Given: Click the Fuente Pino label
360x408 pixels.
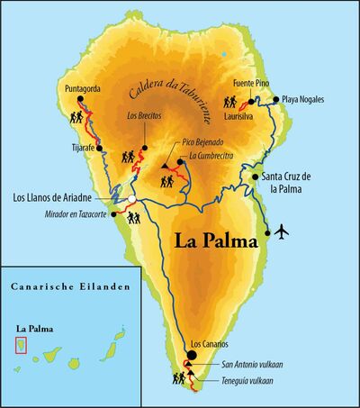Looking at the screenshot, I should (x=251, y=83).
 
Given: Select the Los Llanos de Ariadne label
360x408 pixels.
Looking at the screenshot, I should (x=58, y=198).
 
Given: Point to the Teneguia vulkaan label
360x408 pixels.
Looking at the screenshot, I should (x=253, y=382).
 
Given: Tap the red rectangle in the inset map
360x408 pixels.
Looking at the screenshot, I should (x=21, y=346).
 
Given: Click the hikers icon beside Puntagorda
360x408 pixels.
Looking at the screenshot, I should (x=76, y=118).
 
